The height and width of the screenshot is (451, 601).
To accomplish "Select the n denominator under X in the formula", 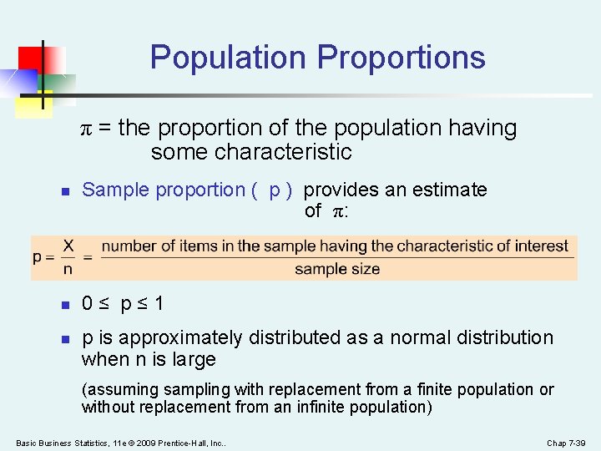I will pos(68,269).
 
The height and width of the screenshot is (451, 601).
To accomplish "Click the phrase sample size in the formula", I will pos(337,269).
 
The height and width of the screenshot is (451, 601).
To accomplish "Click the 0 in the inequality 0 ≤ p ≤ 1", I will pos(88,304).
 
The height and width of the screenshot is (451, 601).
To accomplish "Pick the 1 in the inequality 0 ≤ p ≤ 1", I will pos(159,304).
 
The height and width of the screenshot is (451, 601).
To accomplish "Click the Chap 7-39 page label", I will pos(568,442).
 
